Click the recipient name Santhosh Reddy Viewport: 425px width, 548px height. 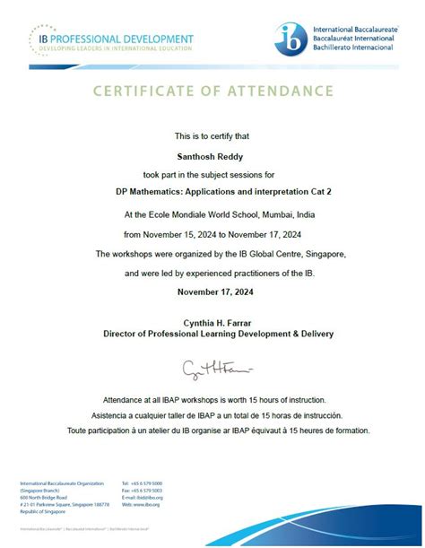[x=212, y=154]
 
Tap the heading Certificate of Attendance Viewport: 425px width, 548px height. [x=212, y=91]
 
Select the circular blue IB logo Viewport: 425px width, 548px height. [x=291, y=39]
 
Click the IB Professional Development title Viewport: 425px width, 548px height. [x=116, y=39]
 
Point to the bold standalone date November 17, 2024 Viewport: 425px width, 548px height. [x=212, y=292]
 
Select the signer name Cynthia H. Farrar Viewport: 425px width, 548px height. [x=212, y=322]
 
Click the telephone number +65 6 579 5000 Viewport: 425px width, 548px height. [x=146, y=483]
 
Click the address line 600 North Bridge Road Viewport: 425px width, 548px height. [x=41, y=498]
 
